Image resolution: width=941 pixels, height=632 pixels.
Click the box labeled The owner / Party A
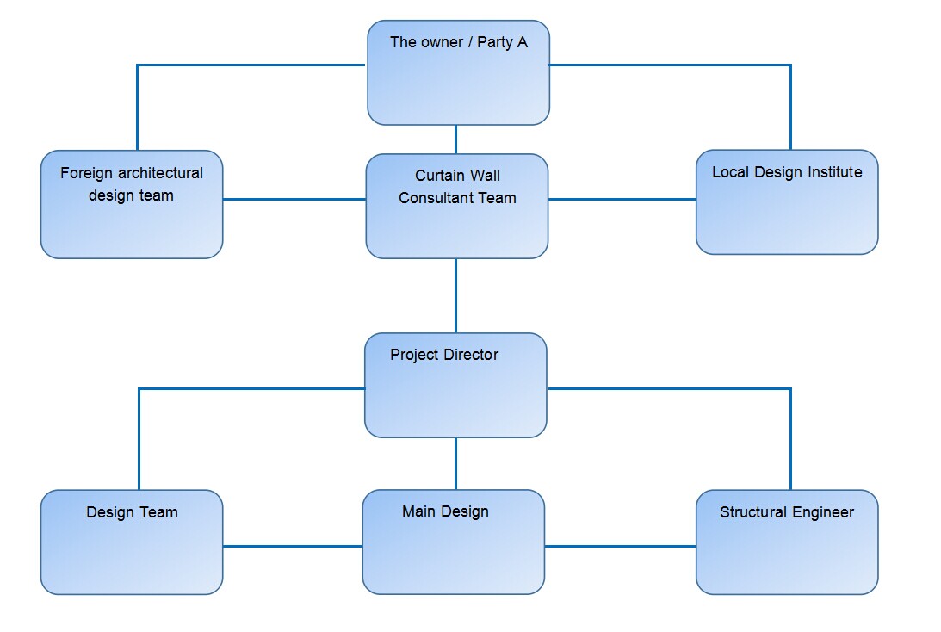(458, 73)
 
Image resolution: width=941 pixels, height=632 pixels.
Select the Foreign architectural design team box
(132, 205)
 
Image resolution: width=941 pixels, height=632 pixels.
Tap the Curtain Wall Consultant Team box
(456, 207)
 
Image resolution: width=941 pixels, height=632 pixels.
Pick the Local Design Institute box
(787, 203)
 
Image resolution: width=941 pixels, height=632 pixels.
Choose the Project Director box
(455, 386)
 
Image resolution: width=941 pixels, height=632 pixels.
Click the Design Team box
(132, 542)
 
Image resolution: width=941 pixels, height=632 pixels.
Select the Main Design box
(453, 542)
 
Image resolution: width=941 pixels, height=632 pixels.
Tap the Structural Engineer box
(787, 542)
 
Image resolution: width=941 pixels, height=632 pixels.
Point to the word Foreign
(87, 173)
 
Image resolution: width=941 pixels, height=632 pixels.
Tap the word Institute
(833, 172)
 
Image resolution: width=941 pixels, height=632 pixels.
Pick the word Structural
(753, 512)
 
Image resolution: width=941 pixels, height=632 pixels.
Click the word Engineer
(824, 512)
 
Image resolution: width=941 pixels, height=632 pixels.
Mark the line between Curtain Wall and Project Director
(455, 295)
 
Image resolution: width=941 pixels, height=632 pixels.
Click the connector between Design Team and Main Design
(292, 546)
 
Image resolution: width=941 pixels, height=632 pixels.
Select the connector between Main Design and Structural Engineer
(620, 546)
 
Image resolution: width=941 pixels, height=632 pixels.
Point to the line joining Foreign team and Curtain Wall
(294, 200)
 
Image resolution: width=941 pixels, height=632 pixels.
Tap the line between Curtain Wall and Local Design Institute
(622, 200)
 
